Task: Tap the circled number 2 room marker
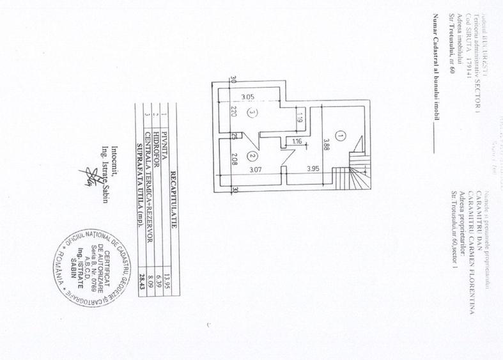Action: tap(252, 155)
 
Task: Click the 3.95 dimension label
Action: tap(313, 169)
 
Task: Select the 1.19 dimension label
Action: tap(298, 117)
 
